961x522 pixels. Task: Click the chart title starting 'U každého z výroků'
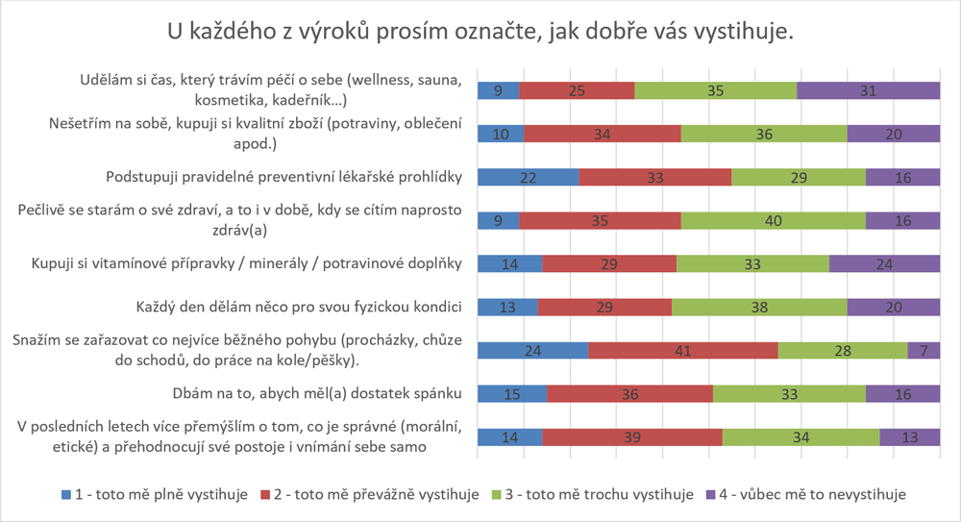[x=480, y=32]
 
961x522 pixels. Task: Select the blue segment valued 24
[x=532, y=351]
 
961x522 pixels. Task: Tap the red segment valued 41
[x=682, y=351]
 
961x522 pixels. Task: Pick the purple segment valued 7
[x=924, y=351]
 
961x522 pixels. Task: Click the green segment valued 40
[x=773, y=221]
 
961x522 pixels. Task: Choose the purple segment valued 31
[x=868, y=91]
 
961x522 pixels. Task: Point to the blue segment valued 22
[x=529, y=178]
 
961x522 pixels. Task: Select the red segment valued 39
[x=632, y=437]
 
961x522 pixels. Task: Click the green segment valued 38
[x=759, y=308]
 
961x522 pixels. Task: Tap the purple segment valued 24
[x=884, y=264]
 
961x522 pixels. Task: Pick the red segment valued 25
[x=577, y=91]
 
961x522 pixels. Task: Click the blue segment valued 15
[x=512, y=394]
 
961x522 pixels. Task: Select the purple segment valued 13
[x=909, y=437]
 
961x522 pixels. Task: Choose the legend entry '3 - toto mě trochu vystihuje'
[x=590, y=494]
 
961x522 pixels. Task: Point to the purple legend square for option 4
[x=711, y=494]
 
